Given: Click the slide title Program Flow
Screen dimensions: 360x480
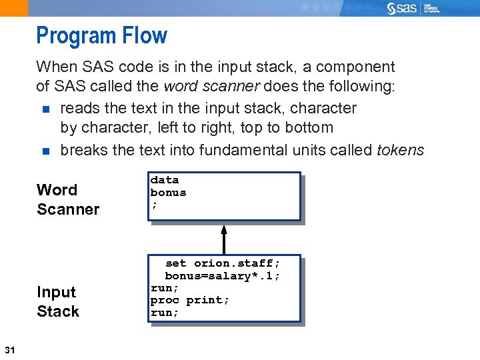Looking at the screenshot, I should pyautogui.click(x=101, y=35).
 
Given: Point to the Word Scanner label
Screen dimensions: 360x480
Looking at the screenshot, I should pyautogui.click(x=67, y=199).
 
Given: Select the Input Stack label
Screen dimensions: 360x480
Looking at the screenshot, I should pyautogui.click(x=57, y=301).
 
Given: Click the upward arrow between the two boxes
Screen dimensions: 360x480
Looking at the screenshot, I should pyautogui.click(x=224, y=239).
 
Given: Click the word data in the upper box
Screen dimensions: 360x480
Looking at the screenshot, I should pyautogui.click(x=164, y=180).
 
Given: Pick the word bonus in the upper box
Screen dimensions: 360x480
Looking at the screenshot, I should pyautogui.click(x=168, y=193).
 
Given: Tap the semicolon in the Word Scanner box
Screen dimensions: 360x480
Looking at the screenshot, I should pyautogui.click(x=154, y=205).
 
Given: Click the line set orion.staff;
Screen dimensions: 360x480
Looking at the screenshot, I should pyautogui.click(x=222, y=263).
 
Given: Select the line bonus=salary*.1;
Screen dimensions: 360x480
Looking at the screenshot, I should pyautogui.click(x=222, y=275).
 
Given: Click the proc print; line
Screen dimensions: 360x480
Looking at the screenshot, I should pyautogui.click(x=190, y=300).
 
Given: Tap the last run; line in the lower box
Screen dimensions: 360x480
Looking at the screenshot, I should pyautogui.click(x=165, y=313).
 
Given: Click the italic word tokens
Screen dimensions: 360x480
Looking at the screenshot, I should pyautogui.click(x=400, y=150).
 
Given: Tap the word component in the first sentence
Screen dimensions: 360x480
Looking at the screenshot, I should pyautogui.click(x=355, y=67).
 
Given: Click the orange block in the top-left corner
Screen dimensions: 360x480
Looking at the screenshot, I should pyautogui.click(x=14, y=8).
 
